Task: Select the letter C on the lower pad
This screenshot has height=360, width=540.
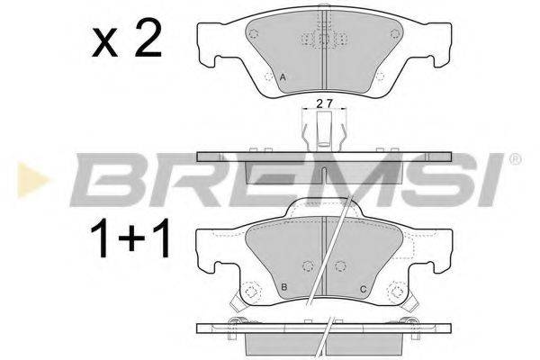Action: coord(361,287)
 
